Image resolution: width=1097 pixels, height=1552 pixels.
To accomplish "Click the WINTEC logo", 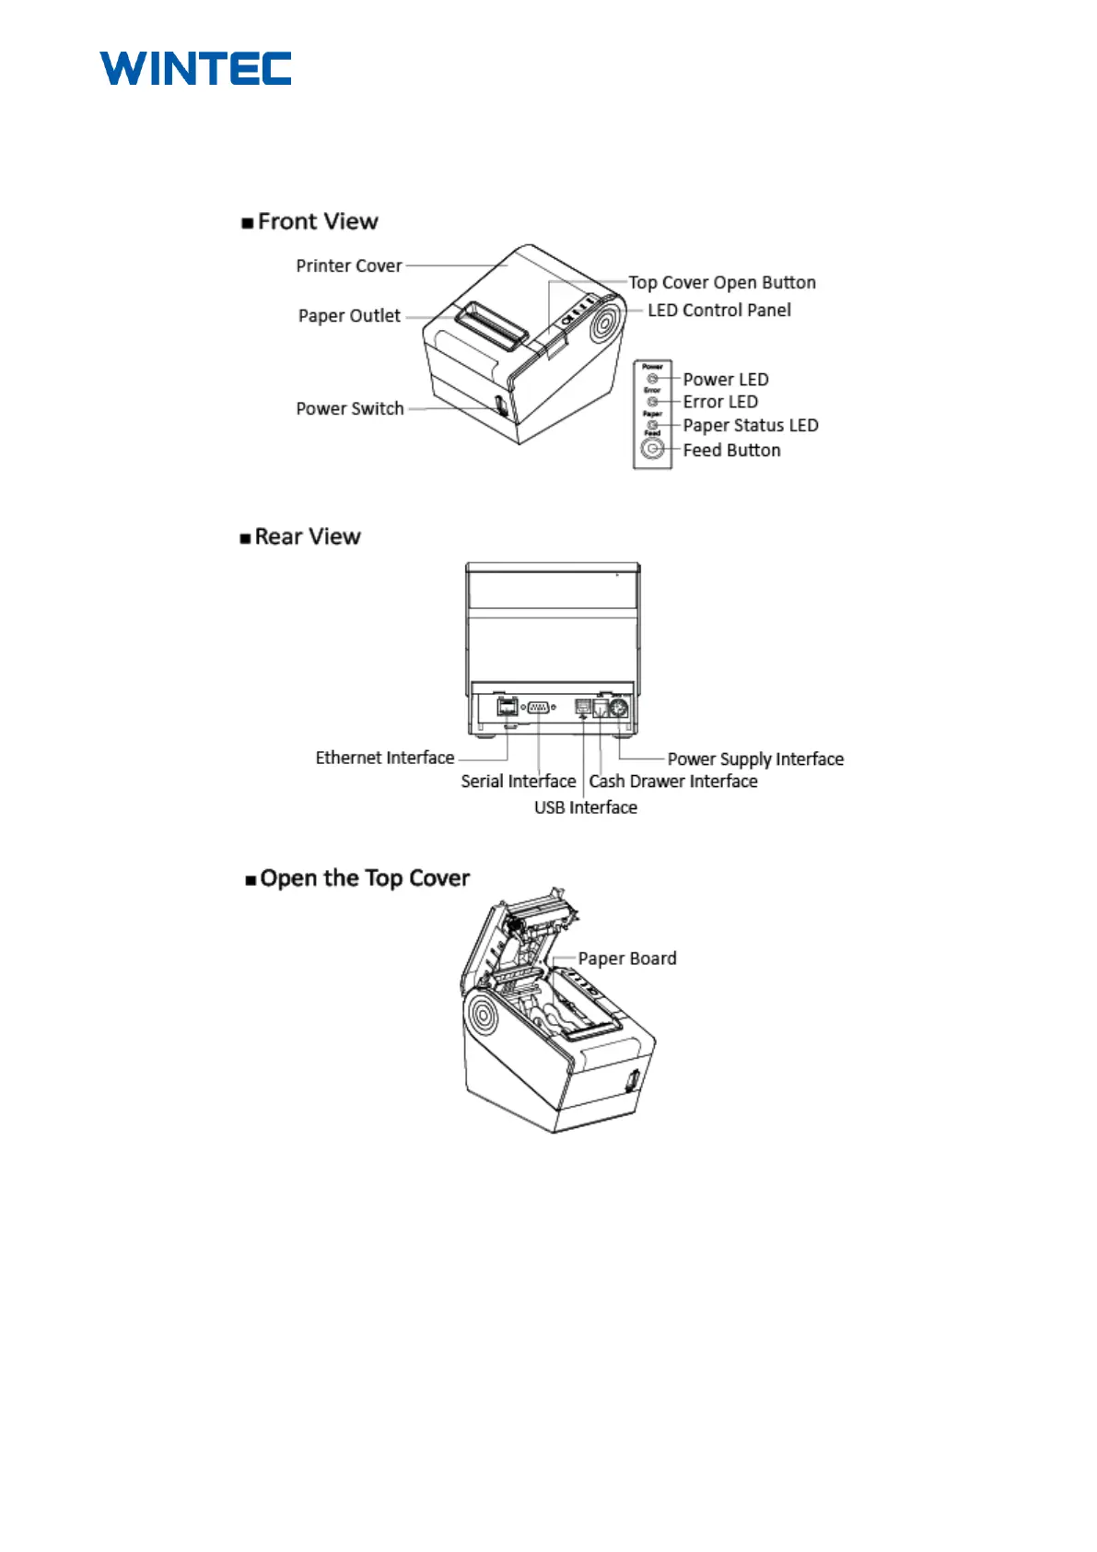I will pyautogui.click(x=195, y=69).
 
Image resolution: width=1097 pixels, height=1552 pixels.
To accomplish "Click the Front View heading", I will pyautogui.click(x=317, y=222).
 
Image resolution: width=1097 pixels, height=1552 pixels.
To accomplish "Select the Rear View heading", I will pyautogui.click(x=307, y=537).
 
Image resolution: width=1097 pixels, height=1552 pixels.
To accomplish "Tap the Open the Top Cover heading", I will pyautogui.click(x=364, y=878).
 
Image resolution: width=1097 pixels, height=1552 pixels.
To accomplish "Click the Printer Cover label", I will pyautogui.click(x=348, y=266).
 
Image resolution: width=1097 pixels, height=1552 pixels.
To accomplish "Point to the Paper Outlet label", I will pyautogui.click(x=349, y=316).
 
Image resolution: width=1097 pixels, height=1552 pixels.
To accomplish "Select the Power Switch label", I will pyautogui.click(x=349, y=409).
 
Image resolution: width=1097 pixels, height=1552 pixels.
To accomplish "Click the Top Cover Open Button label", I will pyautogui.click(x=722, y=283).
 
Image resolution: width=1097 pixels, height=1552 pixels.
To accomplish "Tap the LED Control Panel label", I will pyautogui.click(x=718, y=311).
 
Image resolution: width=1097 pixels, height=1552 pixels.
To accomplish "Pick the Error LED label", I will pyautogui.click(x=720, y=402).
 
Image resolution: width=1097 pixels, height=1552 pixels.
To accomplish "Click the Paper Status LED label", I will pyautogui.click(x=750, y=426).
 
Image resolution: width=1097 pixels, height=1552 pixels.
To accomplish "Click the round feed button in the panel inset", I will pyautogui.click(x=652, y=449).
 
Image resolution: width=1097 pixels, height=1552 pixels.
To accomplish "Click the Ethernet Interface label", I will pyautogui.click(x=384, y=758).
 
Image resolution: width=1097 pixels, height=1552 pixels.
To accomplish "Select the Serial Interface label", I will pyautogui.click(x=518, y=782).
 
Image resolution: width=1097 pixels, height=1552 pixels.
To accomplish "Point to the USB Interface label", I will pyautogui.click(x=586, y=808).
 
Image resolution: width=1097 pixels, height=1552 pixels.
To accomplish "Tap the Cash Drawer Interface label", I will pyautogui.click(x=673, y=782).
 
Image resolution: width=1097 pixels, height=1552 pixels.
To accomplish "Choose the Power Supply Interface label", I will pyautogui.click(x=755, y=759).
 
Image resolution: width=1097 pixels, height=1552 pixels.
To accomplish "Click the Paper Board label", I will pyautogui.click(x=627, y=959).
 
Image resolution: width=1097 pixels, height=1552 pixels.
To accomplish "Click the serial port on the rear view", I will pyautogui.click(x=539, y=708).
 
